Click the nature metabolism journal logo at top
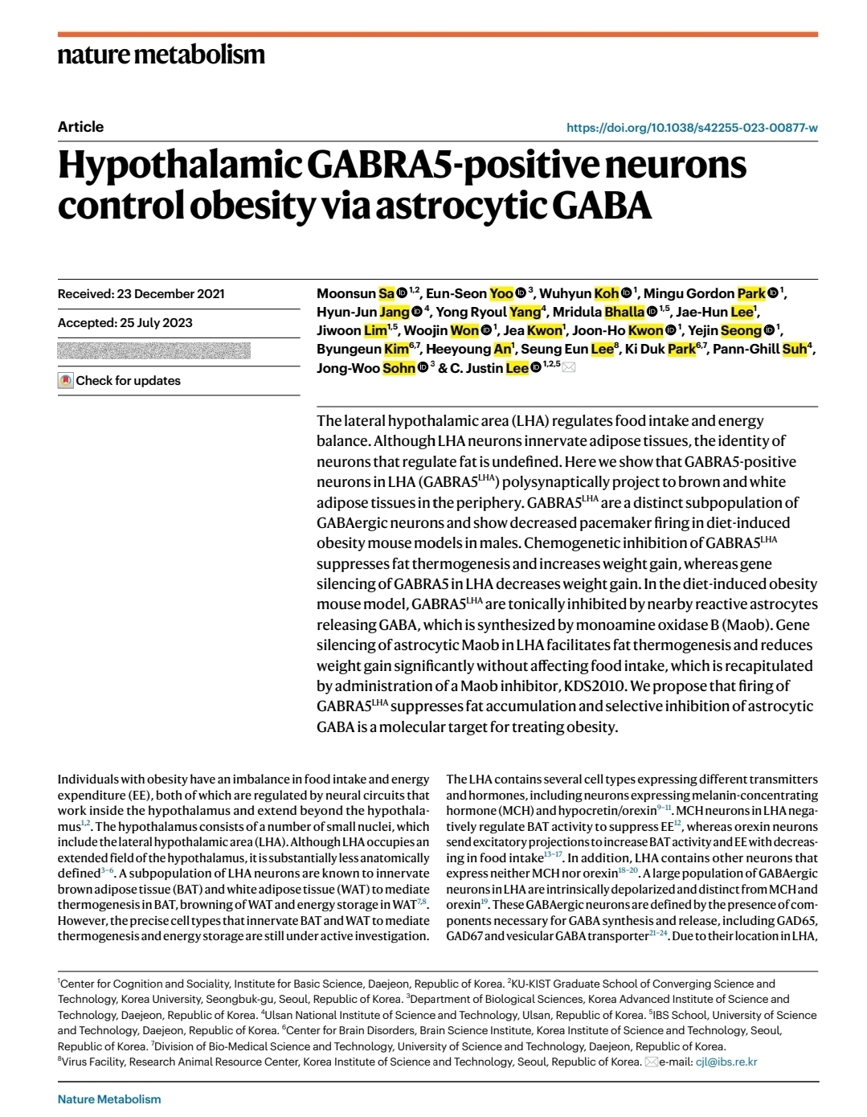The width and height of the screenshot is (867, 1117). click(161, 55)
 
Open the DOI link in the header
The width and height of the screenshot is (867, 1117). click(692, 128)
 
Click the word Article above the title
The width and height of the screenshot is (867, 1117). click(80, 127)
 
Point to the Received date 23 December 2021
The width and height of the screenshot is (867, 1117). click(141, 294)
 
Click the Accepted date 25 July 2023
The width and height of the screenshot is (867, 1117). click(125, 323)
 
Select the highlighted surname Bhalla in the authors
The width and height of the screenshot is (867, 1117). click(624, 312)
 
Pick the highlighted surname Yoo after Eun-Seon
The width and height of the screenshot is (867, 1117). click(501, 293)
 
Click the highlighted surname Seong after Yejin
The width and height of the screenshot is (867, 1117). click(741, 330)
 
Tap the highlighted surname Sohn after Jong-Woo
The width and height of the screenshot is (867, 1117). click(399, 368)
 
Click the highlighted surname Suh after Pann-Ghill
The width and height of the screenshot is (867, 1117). click(794, 349)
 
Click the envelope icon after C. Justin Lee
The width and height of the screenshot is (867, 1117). click(569, 368)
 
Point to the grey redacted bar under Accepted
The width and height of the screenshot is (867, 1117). click(154, 350)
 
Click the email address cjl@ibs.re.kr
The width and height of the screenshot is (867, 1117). click(726, 1062)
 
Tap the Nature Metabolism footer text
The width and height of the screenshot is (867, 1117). click(109, 1099)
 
